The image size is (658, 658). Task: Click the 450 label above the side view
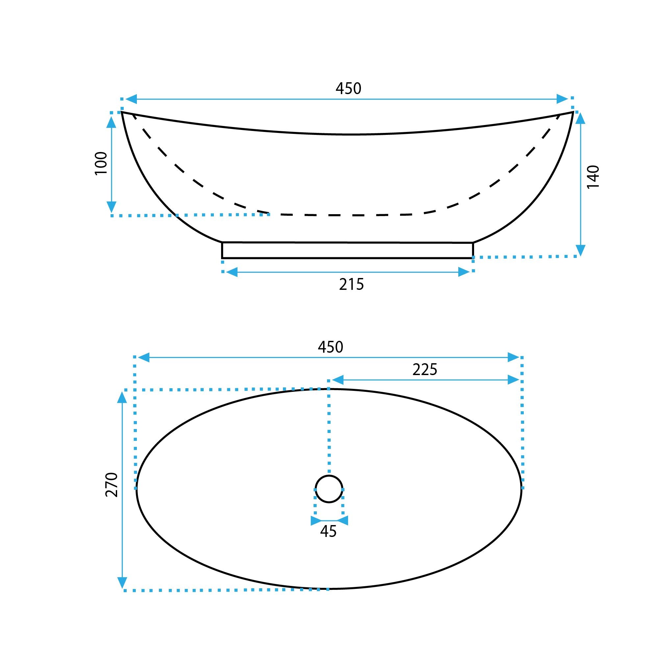[x=348, y=89]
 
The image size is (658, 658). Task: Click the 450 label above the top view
[x=330, y=347]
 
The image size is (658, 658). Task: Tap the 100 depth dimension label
[x=101, y=164]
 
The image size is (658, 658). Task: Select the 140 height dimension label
[x=593, y=176]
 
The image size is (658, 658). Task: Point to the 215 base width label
[x=351, y=284]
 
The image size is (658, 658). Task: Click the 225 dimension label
[x=425, y=369]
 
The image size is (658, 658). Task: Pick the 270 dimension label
[x=112, y=485]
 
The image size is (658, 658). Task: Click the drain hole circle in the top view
[x=329, y=475]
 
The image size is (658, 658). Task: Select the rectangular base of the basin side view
[x=347, y=250]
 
